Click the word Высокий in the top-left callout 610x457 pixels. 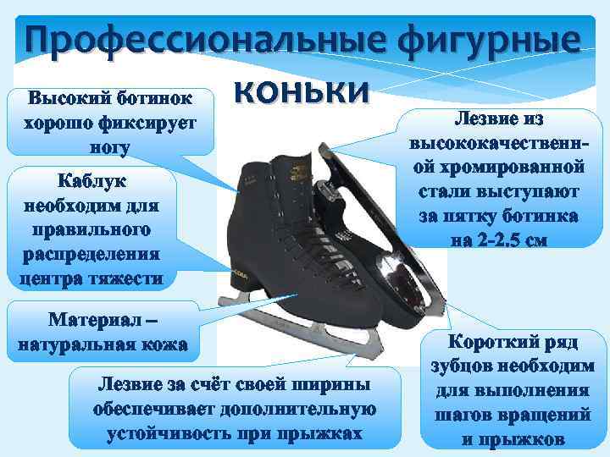[x=66, y=95]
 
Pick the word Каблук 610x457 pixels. [x=90, y=181]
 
